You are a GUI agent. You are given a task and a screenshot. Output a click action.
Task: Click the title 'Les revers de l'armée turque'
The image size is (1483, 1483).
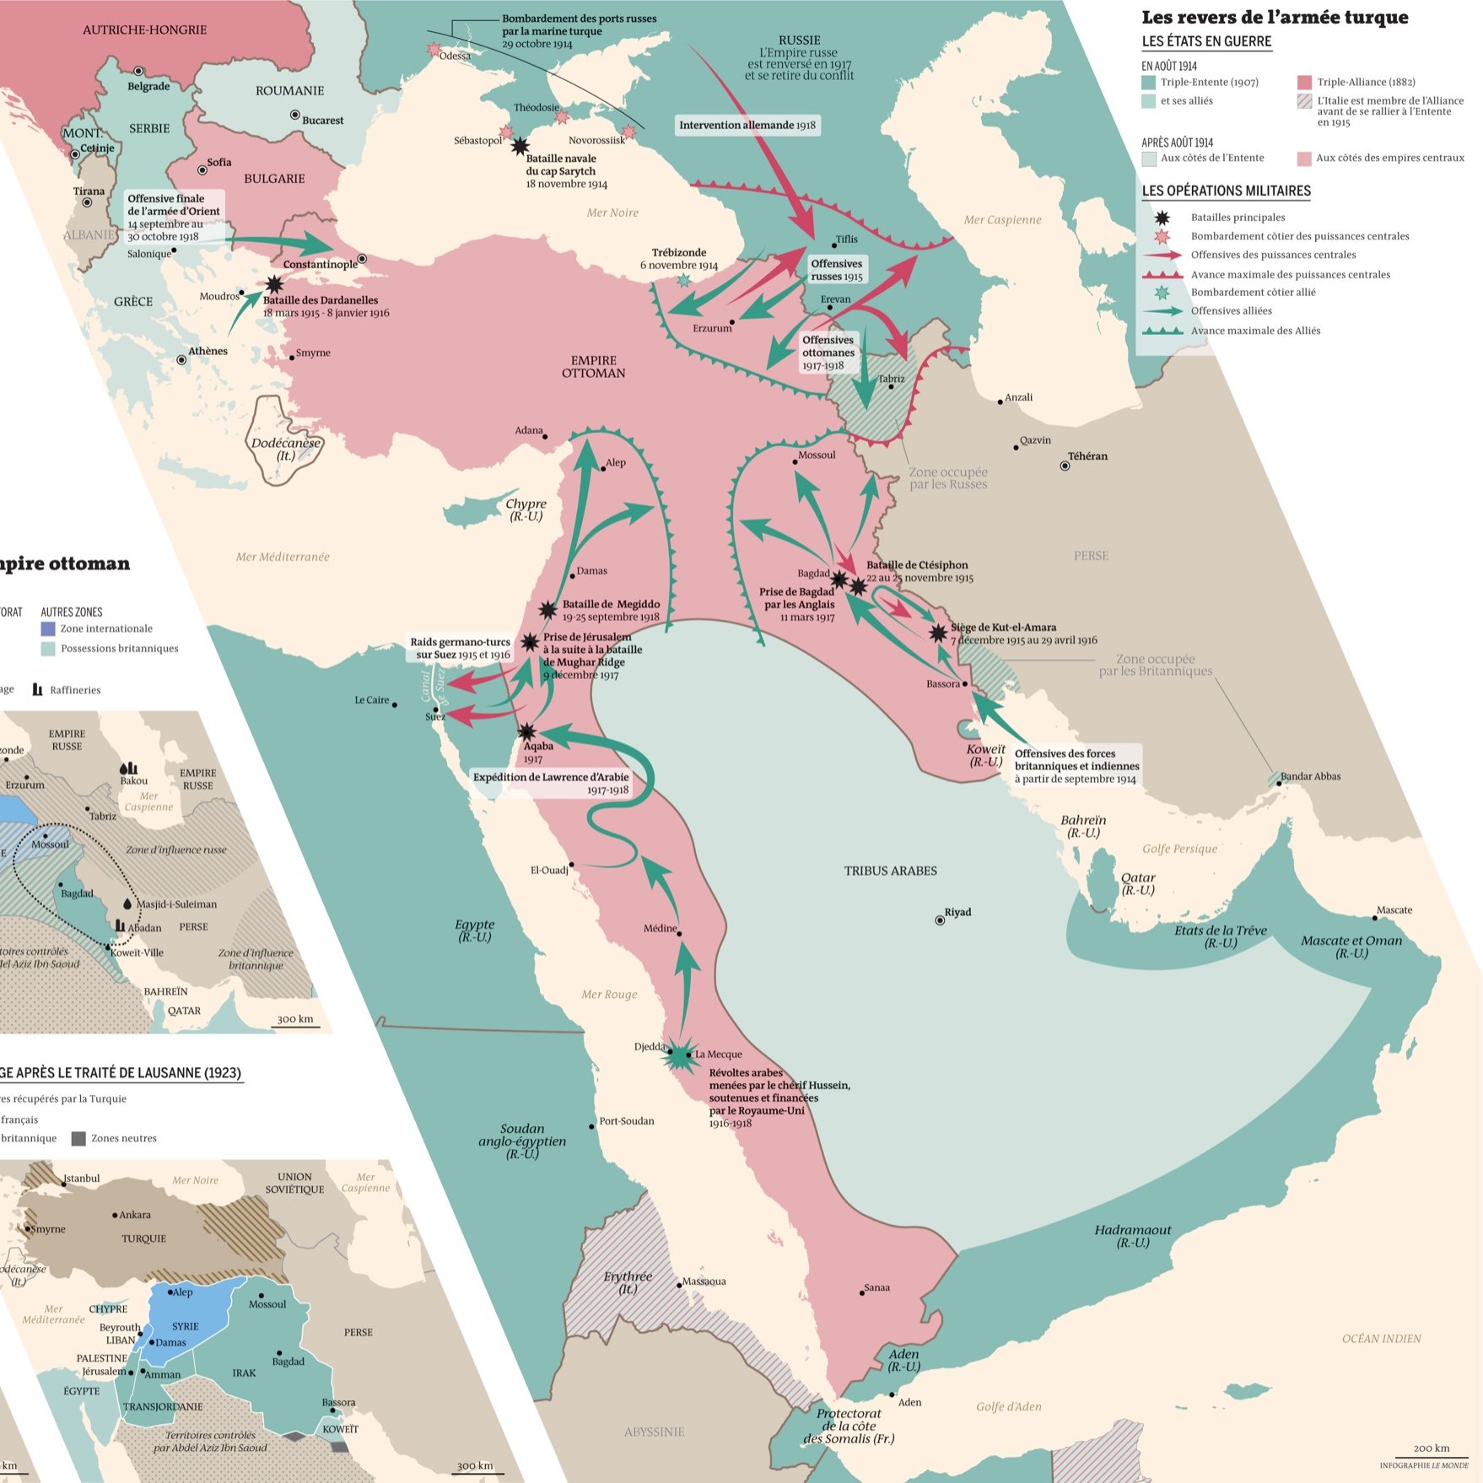coord(1274,18)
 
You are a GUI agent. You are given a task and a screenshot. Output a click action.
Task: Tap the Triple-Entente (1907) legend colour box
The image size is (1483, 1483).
coord(1148,83)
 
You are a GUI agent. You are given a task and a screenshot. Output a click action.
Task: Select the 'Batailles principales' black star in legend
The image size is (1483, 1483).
coord(1162,218)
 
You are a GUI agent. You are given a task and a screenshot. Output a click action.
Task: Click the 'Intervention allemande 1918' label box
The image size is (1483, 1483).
coord(747,126)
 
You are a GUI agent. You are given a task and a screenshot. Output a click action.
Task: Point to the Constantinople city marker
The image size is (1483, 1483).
coord(363,259)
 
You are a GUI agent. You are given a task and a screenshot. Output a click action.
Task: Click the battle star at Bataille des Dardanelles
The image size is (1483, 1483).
coord(274,285)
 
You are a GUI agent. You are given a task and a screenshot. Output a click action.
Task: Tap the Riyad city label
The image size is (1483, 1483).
coord(957,912)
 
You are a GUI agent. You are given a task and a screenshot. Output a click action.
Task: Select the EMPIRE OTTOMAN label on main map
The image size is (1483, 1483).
coord(593,367)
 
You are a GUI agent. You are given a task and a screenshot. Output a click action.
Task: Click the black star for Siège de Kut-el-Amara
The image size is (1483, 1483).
coord(938,633)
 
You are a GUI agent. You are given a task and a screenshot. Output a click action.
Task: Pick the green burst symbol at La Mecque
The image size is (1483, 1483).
coord(680,1054)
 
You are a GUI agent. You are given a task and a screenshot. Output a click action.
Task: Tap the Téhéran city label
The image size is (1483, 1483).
coord(1087,456)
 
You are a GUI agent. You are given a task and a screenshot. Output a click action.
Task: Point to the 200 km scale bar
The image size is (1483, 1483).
coord(1432,1453)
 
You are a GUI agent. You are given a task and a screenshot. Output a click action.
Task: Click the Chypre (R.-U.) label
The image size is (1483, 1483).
coord(526,510)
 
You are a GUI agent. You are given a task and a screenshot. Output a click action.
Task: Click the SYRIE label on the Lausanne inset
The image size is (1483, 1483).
coord(186,1326)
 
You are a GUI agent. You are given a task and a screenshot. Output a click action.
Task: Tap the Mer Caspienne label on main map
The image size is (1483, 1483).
coord(1002,220)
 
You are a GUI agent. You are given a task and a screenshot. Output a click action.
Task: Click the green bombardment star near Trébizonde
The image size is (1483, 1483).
coord(683,279)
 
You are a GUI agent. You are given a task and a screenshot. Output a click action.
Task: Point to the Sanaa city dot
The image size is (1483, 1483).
coord(862,1293)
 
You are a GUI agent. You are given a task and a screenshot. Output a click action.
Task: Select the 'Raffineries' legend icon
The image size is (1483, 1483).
coord(37,689)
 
